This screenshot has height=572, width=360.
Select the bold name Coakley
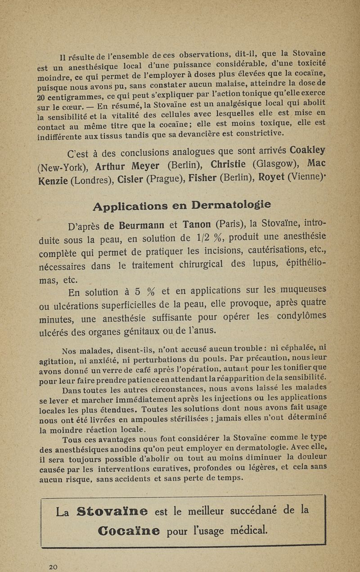(x=308, y=150)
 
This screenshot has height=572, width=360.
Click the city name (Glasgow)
(x=275, y=162)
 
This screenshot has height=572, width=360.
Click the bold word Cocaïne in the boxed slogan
(x=122, y=531)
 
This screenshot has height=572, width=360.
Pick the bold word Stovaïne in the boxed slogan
(x=113, y=512)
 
